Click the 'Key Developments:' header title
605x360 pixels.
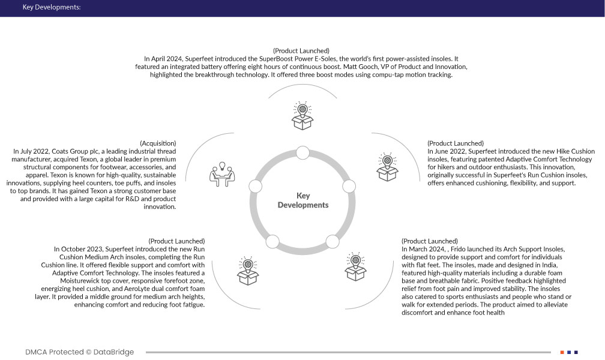tap(51, 8)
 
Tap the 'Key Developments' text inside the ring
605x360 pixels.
tap(302, 200)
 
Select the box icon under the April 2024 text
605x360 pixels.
tap(302, 116)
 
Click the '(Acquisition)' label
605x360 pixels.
tap(158, 143)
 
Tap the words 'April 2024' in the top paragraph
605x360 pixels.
tap(166, 59)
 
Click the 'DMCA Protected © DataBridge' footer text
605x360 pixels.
tap(79, 352)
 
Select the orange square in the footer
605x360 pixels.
tap(562, 352)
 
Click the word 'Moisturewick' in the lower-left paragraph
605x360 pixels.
tap(74, 281)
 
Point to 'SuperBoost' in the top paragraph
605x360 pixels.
tap(275, 59)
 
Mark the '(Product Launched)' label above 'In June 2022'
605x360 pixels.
tap(455, 143)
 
